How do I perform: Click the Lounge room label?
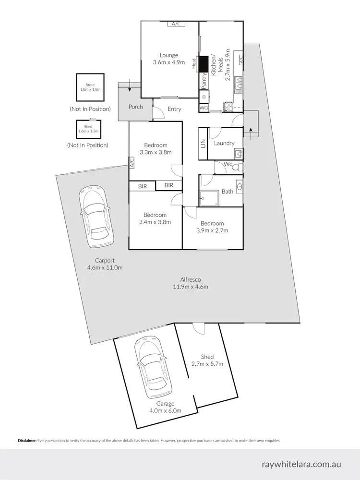click(x=169, y=55)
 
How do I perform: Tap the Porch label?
click(x=135, y=107)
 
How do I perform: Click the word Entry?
click(x=174, y=109)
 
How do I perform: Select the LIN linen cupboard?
click(x=203, y=143)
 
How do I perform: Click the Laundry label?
click(x=224, y=143)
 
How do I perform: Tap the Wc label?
click(x=228, y=164)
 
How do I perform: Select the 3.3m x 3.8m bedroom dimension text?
click(x=155, y=152)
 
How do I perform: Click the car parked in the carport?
click(x=96, y=216)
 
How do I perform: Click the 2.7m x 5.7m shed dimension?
click(x=207, y=364)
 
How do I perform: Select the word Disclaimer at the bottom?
click(x=27, y=440)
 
